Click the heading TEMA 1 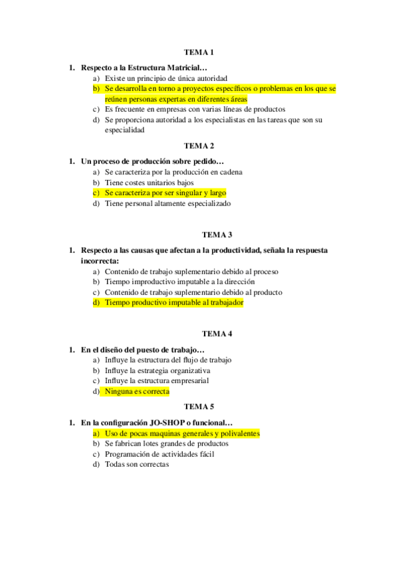199,52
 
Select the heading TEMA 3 217,234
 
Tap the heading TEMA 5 199,406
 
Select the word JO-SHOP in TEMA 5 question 175,422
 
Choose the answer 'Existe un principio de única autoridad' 165,78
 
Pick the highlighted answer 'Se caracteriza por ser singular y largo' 165,193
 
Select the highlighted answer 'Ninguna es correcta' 137,392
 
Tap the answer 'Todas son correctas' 137,465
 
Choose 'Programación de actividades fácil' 159,454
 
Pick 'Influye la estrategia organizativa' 157,370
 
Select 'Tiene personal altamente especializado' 167,204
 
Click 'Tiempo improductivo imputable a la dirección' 179,281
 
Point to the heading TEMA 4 217,334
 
